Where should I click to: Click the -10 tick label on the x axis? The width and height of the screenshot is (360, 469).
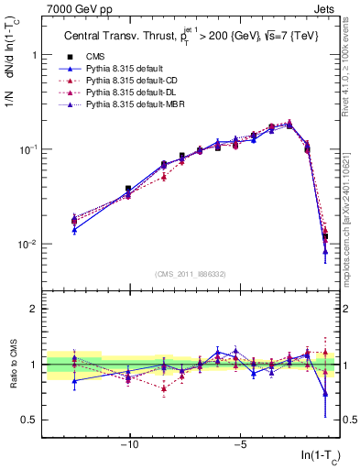[129, 445]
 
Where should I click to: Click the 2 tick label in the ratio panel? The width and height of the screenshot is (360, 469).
[33, 309]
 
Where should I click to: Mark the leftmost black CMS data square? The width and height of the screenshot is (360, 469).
[74, 221]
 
